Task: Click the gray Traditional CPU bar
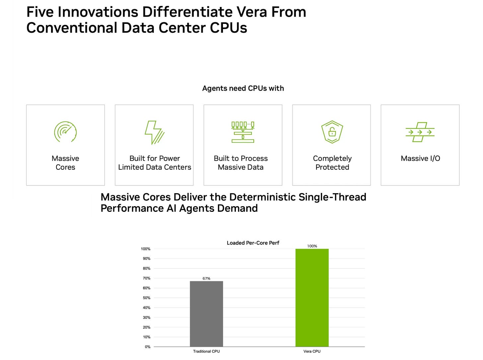point(206,314)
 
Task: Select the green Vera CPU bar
point(312,298)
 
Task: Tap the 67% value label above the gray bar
point(206,278)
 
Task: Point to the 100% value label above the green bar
point(312,246)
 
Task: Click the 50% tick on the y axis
point(147,298)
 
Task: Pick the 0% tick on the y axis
point(148,347)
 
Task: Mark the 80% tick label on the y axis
point(147,269)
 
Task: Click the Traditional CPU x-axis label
point(206,351)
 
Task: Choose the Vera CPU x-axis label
point(312,351)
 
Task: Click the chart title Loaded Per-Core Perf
point(253,243)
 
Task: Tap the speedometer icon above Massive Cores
point(65,132)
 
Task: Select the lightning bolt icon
point(155,132)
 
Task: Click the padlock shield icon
point(332,132)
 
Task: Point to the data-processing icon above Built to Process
point(243,132)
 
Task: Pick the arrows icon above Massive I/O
point(420,132)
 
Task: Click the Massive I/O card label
point(420,158)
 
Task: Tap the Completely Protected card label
point(332,163)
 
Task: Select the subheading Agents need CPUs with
point(243,89)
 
